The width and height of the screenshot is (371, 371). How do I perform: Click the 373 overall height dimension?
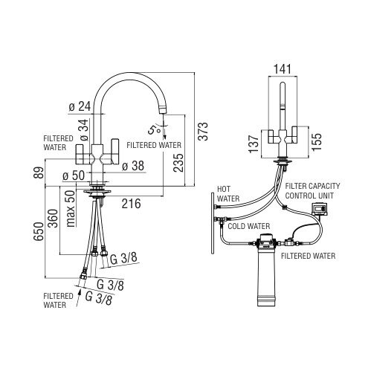click(204, 132)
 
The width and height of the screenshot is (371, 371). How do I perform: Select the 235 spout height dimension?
click(178, 163)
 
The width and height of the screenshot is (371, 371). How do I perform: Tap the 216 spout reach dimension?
click(131, 204)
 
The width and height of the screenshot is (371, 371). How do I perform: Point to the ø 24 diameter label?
click(80, 107)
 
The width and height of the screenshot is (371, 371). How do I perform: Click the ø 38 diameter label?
click(133, 166)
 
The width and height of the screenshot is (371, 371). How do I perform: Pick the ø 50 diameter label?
click(74, 176)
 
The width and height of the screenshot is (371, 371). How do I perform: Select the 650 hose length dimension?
click(39, 231)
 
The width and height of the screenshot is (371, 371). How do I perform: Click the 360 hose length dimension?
click(53, 219)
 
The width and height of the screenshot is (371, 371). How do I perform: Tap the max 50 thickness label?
click(71, 208)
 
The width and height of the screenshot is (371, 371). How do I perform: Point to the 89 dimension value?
click(39, 172)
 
